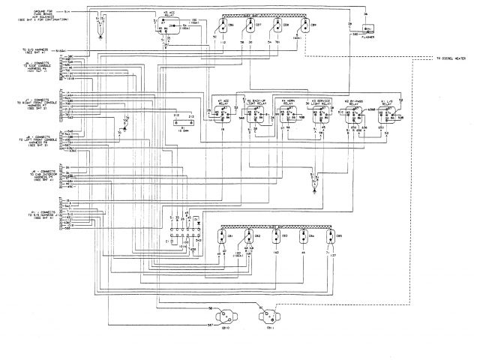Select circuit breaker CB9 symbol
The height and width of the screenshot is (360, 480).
click(x=306, y=26)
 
